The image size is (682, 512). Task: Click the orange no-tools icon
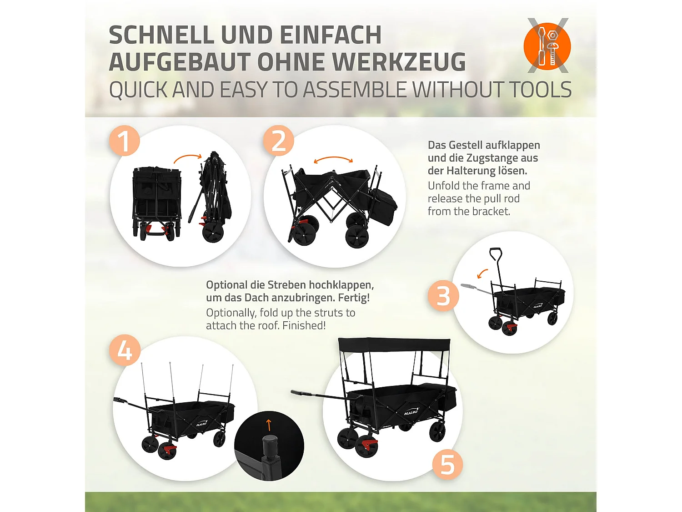[x=547, y=46]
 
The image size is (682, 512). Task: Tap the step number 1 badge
[x=124, y=141]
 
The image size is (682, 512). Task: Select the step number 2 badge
[x=278, y=141]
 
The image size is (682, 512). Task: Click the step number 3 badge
[x=443, y=296]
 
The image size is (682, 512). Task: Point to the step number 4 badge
[x=125, y=350]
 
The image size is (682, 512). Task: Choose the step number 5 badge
[x=447, y=465]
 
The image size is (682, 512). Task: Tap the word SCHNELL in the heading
[x=161, y=35]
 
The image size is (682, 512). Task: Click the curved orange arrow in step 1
[x=187, y=158]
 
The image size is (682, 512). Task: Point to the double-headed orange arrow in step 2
[x=333, y=160]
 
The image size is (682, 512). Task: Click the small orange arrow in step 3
[x=482, y=273]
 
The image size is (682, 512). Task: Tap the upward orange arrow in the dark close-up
[x=269, y=425]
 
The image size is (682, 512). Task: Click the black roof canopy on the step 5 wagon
[x=394, y=345]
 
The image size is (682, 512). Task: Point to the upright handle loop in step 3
[x=495, y=254]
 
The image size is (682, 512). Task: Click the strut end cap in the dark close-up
[x=270, y=444]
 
